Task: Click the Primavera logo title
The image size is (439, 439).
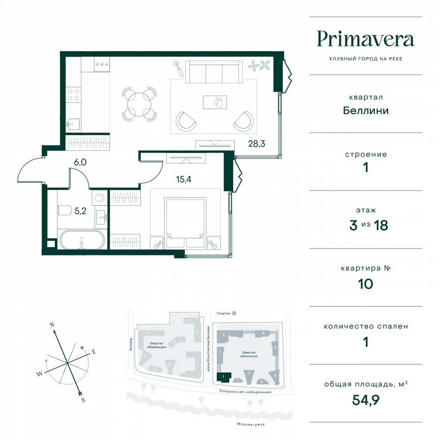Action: point(365,39)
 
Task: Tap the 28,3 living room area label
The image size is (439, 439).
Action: point(257,144)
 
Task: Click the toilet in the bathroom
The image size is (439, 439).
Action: point(65,210)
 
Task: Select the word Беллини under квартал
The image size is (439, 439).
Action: point(365,110)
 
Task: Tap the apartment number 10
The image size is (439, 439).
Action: point(365,284)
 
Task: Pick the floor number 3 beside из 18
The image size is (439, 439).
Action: point(354,226)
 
